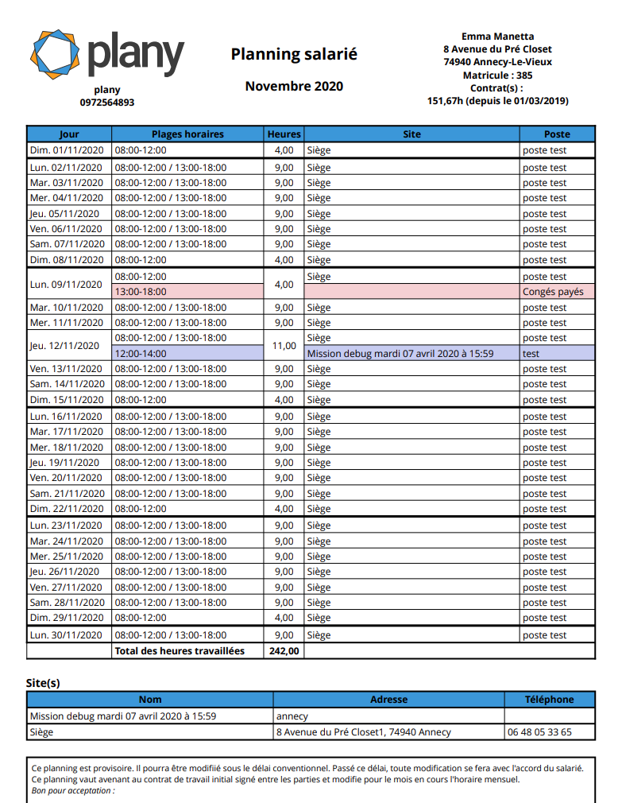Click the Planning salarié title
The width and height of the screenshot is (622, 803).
tap(294, 54)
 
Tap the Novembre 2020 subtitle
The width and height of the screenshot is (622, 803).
tap(294, 86)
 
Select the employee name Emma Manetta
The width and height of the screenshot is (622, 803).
tap(497, 37)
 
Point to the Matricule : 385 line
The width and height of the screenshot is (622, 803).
tap(497, 76)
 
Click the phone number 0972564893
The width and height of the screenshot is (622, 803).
tap(107, 103)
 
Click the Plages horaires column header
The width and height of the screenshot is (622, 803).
tap(187, 134)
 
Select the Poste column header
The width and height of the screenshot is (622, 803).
tap(557, 134)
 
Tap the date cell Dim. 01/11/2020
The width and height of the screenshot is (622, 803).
tap(67, 150)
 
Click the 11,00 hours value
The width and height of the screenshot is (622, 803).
tap(284, 346)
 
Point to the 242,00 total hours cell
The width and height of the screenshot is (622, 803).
tap(284, 651)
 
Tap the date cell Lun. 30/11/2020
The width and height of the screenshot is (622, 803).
tap(67, 635)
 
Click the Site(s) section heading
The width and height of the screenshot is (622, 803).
tap(43, 683)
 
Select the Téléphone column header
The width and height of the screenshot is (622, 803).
tap(549, 700)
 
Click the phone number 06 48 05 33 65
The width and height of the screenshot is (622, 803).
tap(539, 732)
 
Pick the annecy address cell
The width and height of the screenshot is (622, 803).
tap(292, 716)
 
